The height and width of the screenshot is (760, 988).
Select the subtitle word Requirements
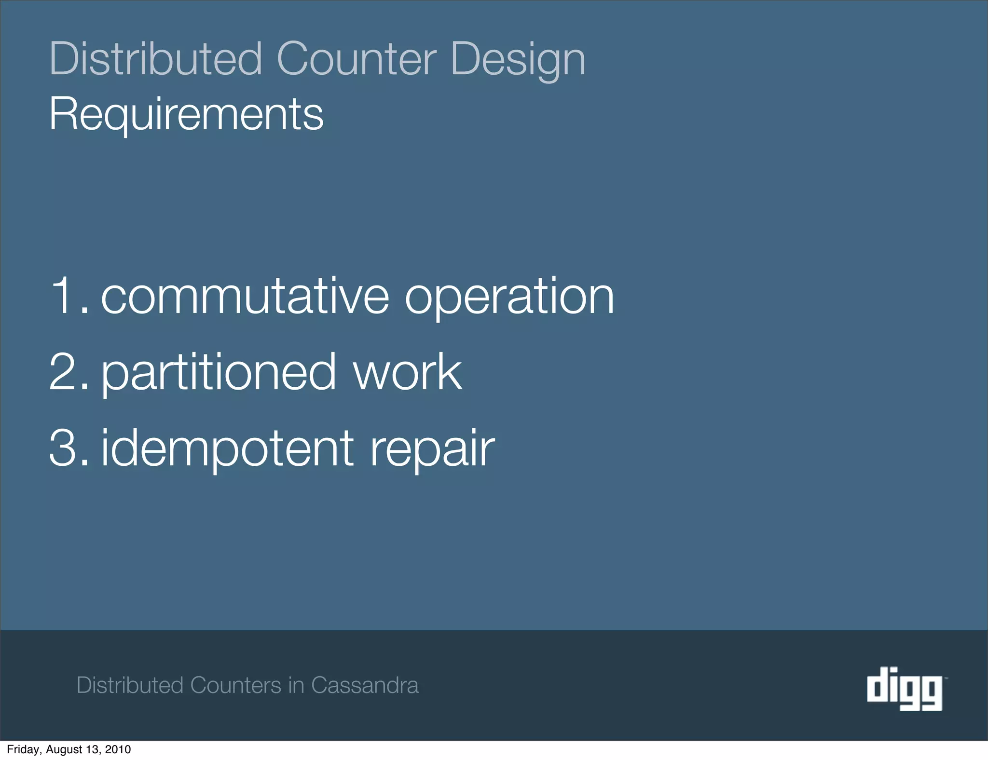click(x=186, y=114)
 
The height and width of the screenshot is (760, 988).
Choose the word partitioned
click(x=218, y=373)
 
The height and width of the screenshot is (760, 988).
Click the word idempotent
click(x=228, y=449)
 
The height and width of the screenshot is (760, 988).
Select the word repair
click(x=432, y=450)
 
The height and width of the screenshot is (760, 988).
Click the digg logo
click(x=905, y=688)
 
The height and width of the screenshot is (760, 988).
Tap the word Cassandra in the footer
click(x=365, y=685)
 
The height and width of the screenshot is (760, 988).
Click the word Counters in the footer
click(x=236, y=685)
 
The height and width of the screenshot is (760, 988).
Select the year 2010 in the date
click(x=118, y=749)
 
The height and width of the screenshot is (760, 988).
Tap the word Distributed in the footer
click(x=130, y=685)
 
